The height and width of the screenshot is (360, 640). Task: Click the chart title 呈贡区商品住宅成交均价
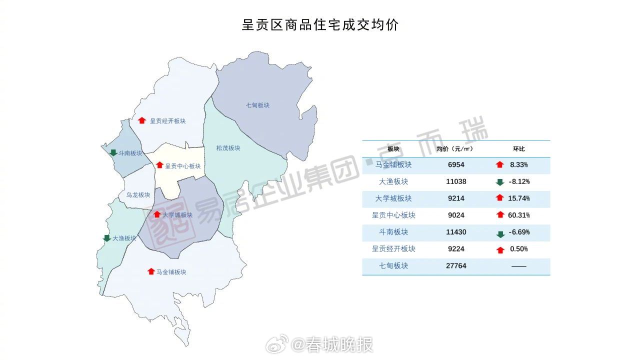point(320,25)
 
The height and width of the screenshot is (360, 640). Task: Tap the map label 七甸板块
point(257,105)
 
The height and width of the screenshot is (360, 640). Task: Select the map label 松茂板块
point(228,148)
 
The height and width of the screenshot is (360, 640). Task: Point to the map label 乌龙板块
point(138,195)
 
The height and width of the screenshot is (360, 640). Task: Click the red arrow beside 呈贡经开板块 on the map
point(141,120)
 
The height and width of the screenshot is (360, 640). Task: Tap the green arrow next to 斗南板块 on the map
point(113,153)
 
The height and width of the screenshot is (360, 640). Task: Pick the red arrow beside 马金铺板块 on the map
point(151,271)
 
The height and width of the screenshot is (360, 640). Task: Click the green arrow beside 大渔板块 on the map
point(106,238)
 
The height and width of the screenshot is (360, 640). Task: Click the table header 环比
point(518,149)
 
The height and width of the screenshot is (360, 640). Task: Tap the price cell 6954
point(456,164)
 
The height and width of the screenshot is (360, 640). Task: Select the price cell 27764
point(456,266)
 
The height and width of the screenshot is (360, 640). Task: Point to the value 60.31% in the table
point(519,215)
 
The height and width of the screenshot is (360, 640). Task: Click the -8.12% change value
point(519,181)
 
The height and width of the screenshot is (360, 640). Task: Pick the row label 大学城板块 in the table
point(393,198)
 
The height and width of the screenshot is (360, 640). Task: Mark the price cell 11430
point(456,232)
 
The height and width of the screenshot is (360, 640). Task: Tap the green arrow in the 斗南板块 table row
point(500,234)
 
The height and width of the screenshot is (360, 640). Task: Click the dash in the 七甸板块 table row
point(518,266)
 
